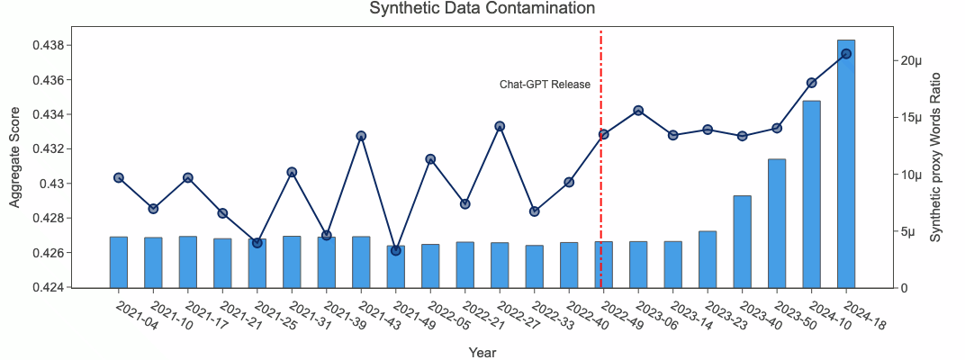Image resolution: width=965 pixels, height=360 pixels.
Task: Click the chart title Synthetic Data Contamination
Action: click(x=482, y=9)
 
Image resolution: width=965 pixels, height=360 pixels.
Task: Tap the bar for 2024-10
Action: click(x=811, y=194)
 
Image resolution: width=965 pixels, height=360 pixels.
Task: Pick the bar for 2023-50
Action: click(x=777, y=223)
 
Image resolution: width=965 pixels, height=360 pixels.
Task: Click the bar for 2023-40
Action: click(x=742, y=241)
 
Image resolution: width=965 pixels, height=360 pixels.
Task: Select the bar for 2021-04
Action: click(x=119, y=262)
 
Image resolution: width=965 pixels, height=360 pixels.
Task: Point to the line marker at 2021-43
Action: click(x=361, y=136)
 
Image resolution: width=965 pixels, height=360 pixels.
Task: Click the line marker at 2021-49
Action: click(x=396, y=250)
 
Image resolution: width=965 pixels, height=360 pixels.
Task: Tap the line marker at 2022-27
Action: click(x=500, y=127)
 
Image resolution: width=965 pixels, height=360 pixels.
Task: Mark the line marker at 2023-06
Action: click(x=638, y=111)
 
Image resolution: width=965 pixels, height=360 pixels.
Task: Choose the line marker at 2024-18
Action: click(x=846, y=54)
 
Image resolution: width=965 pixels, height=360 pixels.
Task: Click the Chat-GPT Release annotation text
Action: click(x=546, y=85)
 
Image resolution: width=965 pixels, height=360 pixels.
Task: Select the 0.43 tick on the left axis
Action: click(x=86, y=184)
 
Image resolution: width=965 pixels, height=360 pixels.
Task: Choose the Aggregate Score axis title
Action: click(x=15, y=157)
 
